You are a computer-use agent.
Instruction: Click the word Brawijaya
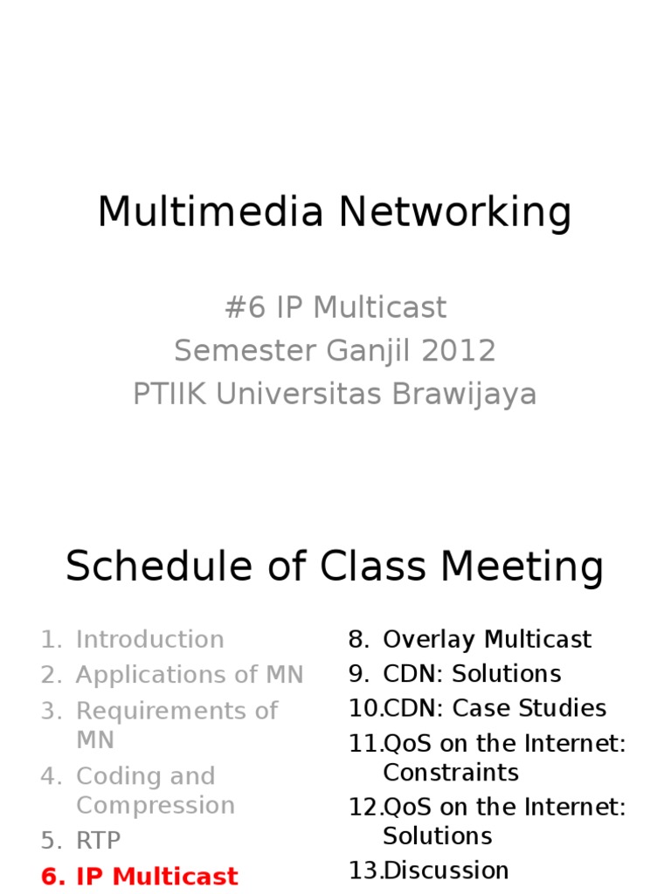click(x=464, y=395)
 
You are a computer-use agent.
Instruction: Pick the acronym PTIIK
click(x=170, y=395)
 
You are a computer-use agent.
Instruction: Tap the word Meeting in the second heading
click(x=522, y=567)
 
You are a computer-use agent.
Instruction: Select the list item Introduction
click(x=149, y=639)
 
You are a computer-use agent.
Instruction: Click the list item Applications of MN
click(x=190, y=675)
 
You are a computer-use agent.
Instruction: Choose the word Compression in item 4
click(x=155, y=805)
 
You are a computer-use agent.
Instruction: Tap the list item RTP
click(x=98, y=841)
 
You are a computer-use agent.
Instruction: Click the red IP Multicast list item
click(x=156, y=877)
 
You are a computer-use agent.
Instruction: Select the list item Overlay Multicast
click(x=487, y=639)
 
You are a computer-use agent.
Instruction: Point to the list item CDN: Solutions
click(x=472, y=674)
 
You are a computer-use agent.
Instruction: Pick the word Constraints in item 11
click(x=450, y=772)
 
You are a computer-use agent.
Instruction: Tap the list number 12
click(x=363, y=807)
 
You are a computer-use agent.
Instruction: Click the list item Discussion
click(x=446, y=870)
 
